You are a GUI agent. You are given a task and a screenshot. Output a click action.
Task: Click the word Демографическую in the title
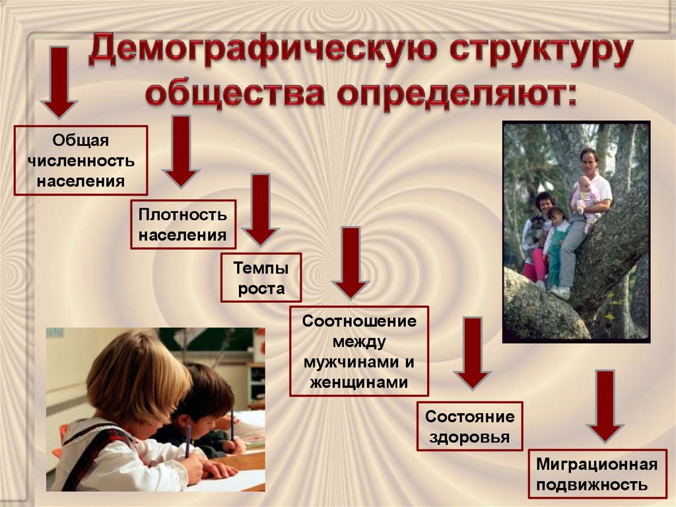point(263,51)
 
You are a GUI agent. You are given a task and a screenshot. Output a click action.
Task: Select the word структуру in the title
point(541,52)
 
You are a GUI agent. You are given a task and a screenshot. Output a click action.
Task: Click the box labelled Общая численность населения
point(81,160)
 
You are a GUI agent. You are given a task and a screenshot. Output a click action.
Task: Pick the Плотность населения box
point(184,224)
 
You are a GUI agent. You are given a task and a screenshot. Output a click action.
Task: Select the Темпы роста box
point(261,277)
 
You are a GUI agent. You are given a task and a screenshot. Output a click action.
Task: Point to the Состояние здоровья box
point(469,426)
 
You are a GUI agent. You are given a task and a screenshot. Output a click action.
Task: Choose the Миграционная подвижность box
point(597,474)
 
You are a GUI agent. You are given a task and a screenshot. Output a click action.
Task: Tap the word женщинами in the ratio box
point(358,382)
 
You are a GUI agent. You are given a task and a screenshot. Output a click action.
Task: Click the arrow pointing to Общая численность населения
point(59,83)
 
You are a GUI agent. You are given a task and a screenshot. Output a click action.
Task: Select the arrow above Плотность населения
point(181,151)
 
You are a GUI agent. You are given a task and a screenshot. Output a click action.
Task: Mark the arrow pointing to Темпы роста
point(260,210)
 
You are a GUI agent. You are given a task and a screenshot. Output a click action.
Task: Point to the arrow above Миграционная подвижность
point(605,407)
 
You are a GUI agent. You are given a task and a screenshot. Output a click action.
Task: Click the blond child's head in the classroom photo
point(139,375)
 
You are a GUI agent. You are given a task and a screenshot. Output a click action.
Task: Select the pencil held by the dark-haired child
point(232,426)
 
